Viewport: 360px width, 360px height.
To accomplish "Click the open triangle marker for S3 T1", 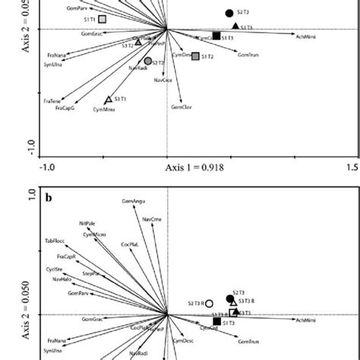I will coord(109,99).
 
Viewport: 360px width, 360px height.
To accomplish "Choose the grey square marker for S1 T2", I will coord(195,56).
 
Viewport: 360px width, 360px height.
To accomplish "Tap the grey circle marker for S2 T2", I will coord(148,61).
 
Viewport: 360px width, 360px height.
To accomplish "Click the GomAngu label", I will coord(132,201).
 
